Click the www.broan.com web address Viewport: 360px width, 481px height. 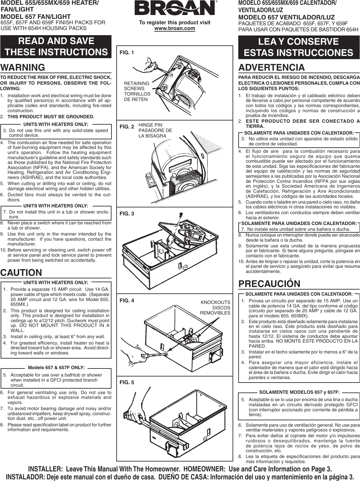pos(174,28)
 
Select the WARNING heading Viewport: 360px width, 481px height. pos(23,67)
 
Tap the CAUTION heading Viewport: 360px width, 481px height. pos(21,273)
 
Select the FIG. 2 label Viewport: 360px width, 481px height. pos(127,127)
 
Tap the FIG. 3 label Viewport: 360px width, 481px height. pos(127,213)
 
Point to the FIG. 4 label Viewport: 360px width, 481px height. pos(127,300)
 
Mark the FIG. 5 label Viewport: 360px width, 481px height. pos(127,382)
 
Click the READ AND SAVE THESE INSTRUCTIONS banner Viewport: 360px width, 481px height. pos(56,46)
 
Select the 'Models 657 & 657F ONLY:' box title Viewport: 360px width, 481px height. pos(56,368)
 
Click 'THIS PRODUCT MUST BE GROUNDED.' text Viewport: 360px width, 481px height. pos(51,116)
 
